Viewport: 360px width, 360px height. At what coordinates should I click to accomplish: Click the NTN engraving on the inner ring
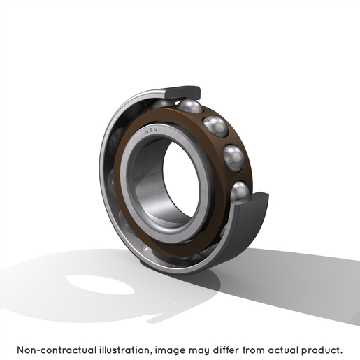click(x=151, y=131)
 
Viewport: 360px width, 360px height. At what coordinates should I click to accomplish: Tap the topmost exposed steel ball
click(x=189, y=106)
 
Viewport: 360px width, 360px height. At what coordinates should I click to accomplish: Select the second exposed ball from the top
click(x=215, y=127)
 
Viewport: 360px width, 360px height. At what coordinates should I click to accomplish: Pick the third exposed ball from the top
click(x=233, y=158)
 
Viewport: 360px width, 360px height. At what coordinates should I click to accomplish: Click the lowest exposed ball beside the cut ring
click(x=240, y=192)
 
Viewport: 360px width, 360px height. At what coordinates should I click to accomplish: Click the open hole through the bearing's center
click(x=180, y=180)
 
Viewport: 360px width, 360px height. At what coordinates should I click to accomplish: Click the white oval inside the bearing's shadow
click(x=100, y=285)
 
